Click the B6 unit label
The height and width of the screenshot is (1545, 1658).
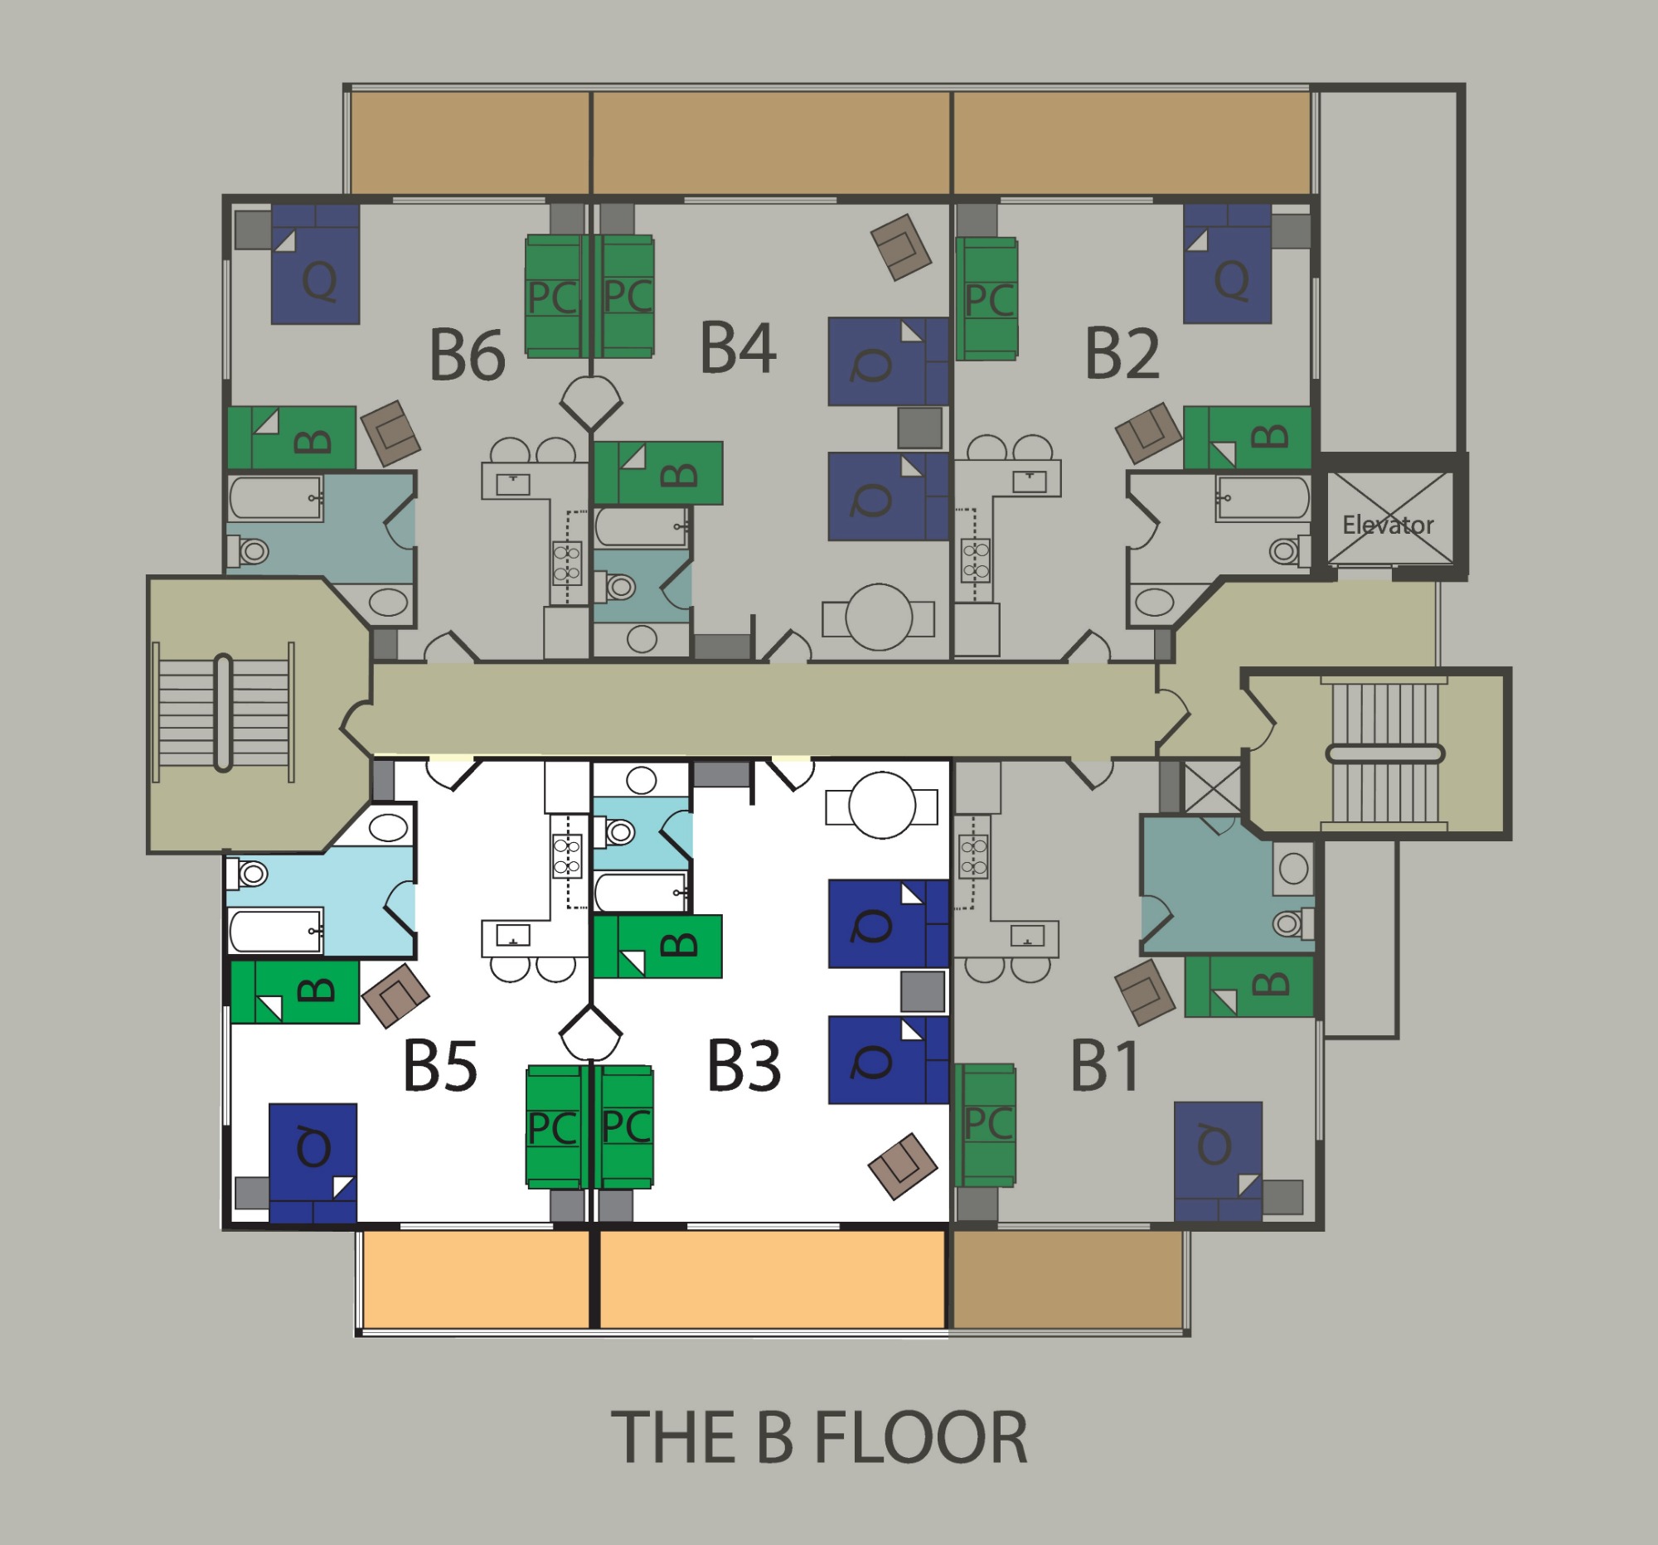(x=467, y=355)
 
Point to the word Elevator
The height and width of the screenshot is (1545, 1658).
(x=1388, y=525)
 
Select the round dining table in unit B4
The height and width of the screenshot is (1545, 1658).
(x=878, y=618)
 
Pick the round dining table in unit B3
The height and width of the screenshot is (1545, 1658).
(x=881, y=806)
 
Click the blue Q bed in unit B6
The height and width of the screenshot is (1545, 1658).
(x=315, y=264)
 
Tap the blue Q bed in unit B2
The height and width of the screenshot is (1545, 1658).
(x=1227, y=264)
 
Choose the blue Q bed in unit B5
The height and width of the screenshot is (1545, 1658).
(x=313, y=1163)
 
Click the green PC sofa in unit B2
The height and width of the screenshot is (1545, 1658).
(x=987, y=298)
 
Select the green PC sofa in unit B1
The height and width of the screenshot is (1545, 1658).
(x=985, y=1125)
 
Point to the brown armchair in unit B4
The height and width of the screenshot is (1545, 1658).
(x=901, y=247)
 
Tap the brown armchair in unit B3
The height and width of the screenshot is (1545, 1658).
(x=903, y=1165)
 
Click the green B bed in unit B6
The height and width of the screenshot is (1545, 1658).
(x=292, y=438)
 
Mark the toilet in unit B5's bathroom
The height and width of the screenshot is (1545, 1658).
(x=247, y=874)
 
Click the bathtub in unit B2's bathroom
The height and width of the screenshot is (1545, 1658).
(x=1263, y=498)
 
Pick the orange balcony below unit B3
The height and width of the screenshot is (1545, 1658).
(x=773, y=1280)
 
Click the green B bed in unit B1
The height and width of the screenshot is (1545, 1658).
(x=1248, y=986)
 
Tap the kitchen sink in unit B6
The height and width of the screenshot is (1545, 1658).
(x=513, y=482)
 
